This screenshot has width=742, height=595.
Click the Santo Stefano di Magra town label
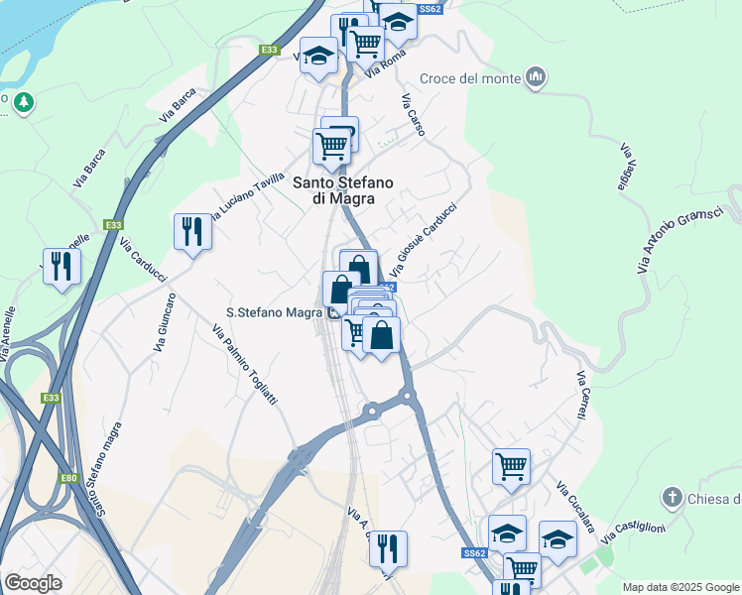coord(342,190)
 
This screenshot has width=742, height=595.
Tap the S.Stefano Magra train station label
coord(273,312)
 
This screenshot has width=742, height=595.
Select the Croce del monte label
coord(470,78)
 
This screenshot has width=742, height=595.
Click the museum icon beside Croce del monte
coord(537,77)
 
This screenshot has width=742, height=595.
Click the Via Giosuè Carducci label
coord(423,239)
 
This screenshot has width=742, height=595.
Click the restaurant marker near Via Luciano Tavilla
coord(191,231)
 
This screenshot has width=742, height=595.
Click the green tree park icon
coord(23,101)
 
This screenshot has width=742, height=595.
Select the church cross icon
coord(672,497)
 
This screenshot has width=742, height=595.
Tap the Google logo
coord(33,583)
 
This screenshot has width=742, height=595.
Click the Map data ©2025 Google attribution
coord(680,587)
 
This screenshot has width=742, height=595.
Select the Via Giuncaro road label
coord(164,322)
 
